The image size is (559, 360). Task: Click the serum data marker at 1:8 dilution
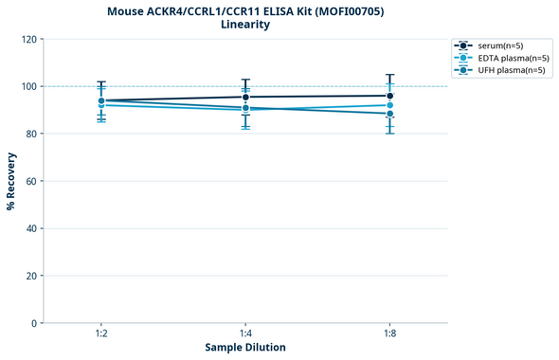pyautogui.click(x=389, y=96)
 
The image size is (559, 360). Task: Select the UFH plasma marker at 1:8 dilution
pyautogui.click(x=389, y=114)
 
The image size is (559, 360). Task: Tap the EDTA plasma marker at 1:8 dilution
pyautogui.click(x=389, y=105)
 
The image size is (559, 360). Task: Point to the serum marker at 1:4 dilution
pyautogui.click(x=245, y=97)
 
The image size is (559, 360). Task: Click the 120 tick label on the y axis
pyautogui.click(x=28, y=39)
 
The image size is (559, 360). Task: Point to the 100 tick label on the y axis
pyautogui.click(x=28, y=86)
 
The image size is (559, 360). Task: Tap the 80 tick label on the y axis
pyautogui.click(x=31, y=134)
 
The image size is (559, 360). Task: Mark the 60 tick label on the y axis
pyautogui.click(x=31, y=181)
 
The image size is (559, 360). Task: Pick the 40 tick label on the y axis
pyautogui.click(x=31, y=228)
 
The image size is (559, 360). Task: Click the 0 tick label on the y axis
pyautogui.click(x=34, y=323)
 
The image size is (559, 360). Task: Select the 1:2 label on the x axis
pyautogui.click(x=101, y=334)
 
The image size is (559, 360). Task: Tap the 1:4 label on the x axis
pyautogui.click(x=245, y=334)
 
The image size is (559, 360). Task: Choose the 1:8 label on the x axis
pyautogui.click(x=389, y=334)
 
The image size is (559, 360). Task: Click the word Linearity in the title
pyautogui.click(x=245, y=25)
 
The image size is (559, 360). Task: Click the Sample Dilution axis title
pyautogui.click(x=245, y=348)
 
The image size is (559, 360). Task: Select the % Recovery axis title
pyautogui.click(x=10, y=181)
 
